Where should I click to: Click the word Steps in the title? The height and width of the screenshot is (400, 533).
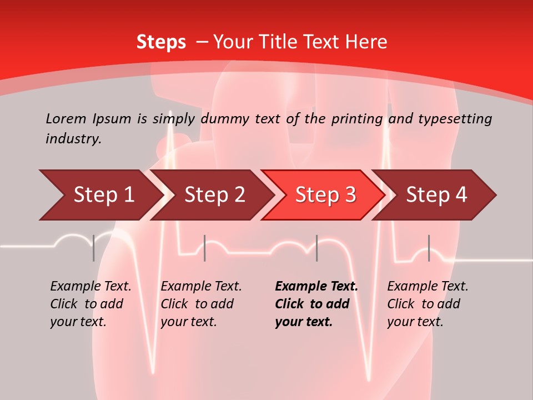161,42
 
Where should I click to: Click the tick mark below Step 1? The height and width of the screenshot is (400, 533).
94,248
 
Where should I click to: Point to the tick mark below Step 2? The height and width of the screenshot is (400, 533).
205,248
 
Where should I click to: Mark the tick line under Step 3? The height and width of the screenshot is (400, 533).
317,248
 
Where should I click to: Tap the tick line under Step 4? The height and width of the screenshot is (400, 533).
429,248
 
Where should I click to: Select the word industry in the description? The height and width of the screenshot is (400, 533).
73,138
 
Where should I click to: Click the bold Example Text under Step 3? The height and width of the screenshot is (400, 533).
316,287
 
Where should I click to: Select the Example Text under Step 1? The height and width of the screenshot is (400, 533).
90,287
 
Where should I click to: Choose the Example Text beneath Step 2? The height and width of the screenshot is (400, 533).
201,287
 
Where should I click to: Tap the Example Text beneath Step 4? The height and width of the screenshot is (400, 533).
428,287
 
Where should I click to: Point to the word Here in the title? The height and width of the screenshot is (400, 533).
366,42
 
